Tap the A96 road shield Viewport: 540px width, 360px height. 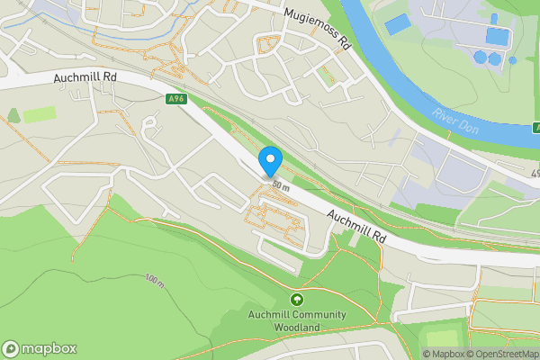coord(176,101)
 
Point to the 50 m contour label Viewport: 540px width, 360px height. coord(281,186)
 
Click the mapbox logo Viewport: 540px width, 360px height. coord(40,348)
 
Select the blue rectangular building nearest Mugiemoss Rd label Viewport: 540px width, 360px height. coord(397,24)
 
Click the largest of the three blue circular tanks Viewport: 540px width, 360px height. coord(491,58)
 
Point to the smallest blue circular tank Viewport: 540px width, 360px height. coord(513,60)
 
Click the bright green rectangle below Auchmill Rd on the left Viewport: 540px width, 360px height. coord(39,114)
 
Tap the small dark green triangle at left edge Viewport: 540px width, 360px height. coord(13,115)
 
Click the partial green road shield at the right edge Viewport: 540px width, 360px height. coord(536,128)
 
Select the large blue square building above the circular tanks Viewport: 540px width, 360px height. coord(497,36)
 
